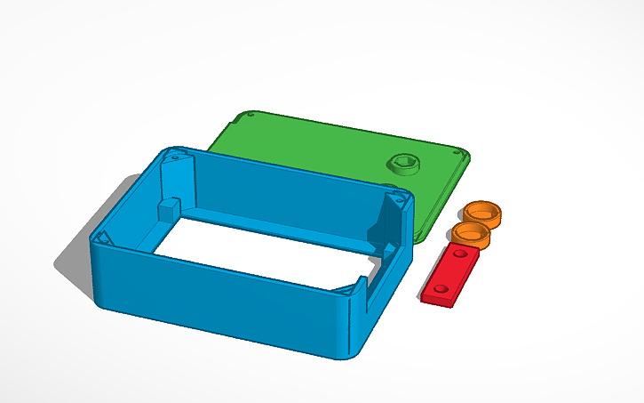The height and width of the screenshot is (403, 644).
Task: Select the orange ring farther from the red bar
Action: tap(481, 214)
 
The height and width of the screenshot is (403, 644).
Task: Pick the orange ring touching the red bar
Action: tap(471, 235)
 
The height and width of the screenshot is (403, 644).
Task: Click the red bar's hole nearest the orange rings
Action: tap(460, 255)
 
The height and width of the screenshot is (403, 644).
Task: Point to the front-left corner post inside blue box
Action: tap(101, 238)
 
